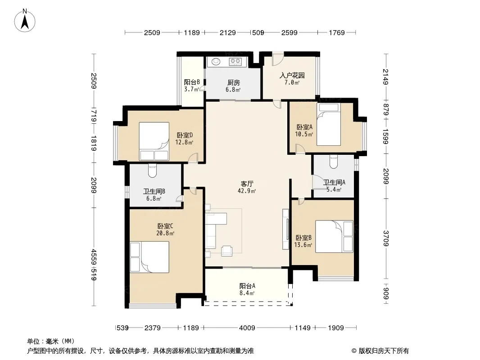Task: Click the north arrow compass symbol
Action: (25, 21)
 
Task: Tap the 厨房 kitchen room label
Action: (234, 83)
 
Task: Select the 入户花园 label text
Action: (292, 75)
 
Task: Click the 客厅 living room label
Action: (247, 184)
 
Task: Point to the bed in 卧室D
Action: (154, 141)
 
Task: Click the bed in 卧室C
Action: (149, 257)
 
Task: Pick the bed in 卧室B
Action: (334, 236)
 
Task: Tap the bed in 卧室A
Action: (329, 124)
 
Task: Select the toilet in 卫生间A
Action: (334, 162)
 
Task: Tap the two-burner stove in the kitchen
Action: (235, 62)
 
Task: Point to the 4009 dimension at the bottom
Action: (247, 328)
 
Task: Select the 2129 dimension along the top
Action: (228, 32)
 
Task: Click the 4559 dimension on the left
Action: (94, 257)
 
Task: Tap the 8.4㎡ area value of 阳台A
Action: (247, 293)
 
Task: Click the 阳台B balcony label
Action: (192, 82)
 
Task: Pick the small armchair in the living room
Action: (227, 251)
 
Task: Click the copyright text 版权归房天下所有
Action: (383, 351)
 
